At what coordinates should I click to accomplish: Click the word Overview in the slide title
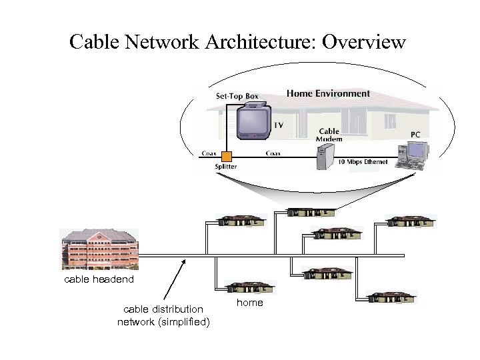[363, 42]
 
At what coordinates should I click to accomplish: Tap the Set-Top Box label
[237, 96]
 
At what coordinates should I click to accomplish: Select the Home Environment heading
[328, 93]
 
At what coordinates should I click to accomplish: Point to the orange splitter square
[227, 157]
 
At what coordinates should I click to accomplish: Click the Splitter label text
[225, 167]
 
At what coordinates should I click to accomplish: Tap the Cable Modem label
[329, 135]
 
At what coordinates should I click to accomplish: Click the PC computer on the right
[411, 154]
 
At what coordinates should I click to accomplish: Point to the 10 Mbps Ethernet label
[363, 162]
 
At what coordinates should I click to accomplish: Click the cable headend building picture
[99, 249]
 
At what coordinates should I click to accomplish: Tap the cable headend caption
[99, 279]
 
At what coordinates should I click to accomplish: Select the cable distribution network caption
[163, 315]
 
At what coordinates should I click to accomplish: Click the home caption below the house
[250, 303]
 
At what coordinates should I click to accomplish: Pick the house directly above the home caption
[249, 287]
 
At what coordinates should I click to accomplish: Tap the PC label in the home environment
[415, 134]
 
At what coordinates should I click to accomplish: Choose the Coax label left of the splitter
[209, 153]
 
